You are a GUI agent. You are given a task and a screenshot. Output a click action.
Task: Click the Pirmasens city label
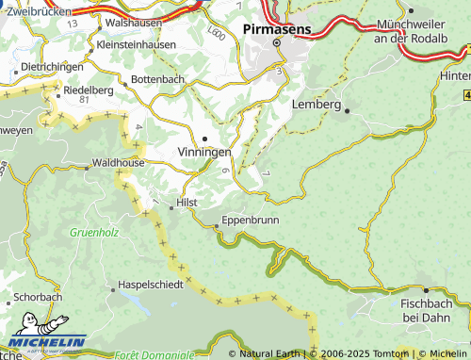tap(277, 28)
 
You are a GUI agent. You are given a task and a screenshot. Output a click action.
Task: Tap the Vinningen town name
tap(203, 152)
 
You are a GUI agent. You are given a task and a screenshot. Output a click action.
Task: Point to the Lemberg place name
tap(317, 104)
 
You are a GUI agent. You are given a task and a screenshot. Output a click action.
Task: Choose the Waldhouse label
tap(120, 162)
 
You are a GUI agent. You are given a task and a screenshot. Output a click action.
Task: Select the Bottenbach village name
tap(157, 79)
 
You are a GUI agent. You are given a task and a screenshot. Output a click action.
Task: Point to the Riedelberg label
tap(88, 90)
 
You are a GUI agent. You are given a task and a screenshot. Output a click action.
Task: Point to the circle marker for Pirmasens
tap(277, 42)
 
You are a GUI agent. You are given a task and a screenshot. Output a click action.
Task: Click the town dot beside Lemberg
tap(347, 110)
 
